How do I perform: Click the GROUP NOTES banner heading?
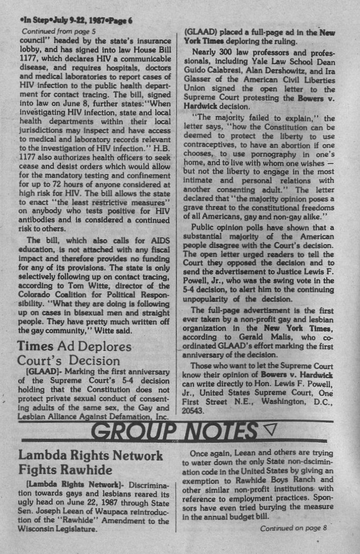(175, 431)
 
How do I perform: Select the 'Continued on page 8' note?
(294, 528)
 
